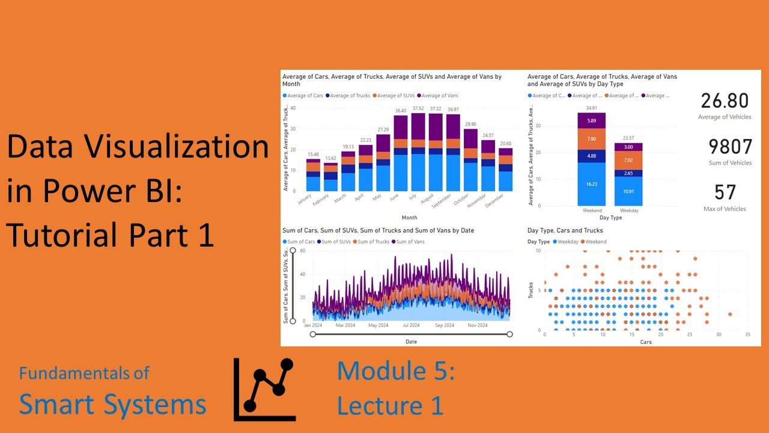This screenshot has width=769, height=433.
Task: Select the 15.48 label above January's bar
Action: click(312, 155)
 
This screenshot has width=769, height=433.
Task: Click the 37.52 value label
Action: click(418, 109)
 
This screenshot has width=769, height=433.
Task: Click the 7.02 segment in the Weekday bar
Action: click(628, 161)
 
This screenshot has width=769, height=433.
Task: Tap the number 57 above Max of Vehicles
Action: click(725, 192)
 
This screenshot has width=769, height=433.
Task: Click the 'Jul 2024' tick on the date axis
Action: click(410, 325)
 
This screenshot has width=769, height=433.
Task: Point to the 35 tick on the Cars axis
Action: click(747, 334)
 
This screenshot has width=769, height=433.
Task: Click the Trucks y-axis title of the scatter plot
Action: click(530, 291)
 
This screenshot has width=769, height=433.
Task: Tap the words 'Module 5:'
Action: click(395, 371)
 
